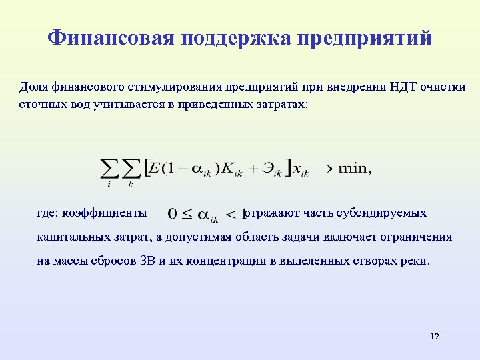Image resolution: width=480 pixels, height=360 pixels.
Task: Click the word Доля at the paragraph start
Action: (33, 88)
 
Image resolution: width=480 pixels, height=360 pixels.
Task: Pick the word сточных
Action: (40, 105)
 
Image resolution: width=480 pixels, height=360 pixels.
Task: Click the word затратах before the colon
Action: (279, 105)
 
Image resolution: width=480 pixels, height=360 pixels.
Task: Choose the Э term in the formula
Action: (264, 168)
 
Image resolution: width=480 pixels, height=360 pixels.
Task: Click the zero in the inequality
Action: (173, 214)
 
